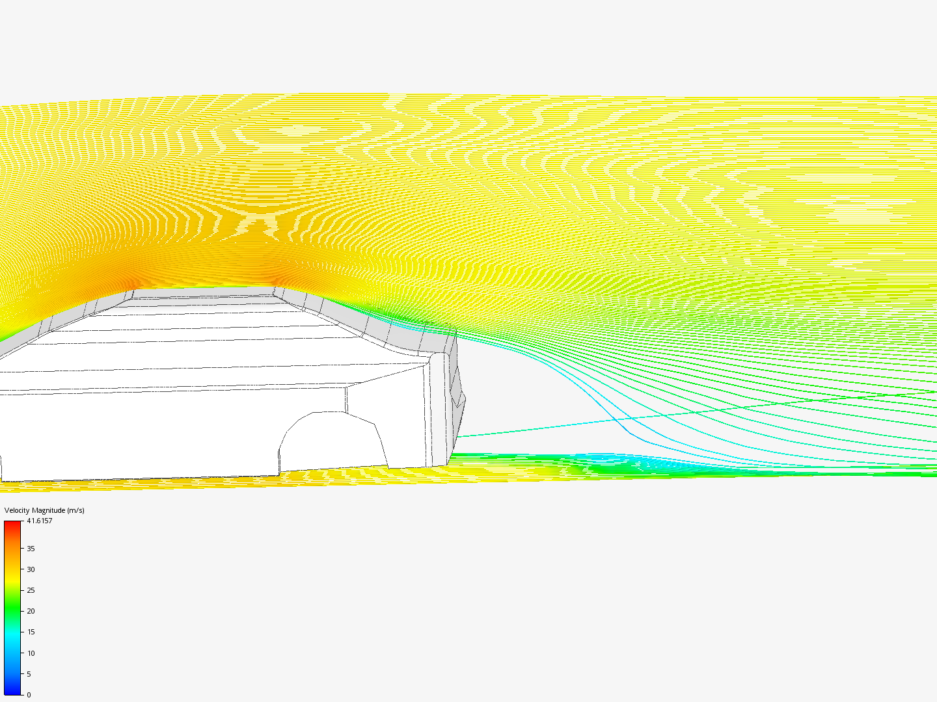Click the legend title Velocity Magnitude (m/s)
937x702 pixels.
point(44,510)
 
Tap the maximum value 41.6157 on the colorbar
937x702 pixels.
point(40,521)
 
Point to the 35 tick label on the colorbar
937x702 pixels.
point(31,549)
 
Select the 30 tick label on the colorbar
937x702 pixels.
point(31,569)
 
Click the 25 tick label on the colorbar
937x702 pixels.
point(31,590)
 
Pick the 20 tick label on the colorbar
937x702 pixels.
point(31,611)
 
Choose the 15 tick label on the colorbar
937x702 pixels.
point(31,632)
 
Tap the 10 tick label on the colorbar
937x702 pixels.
point(31,653)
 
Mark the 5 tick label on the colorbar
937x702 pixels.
point(29,674)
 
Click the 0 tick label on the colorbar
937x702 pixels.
point(29,695)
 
